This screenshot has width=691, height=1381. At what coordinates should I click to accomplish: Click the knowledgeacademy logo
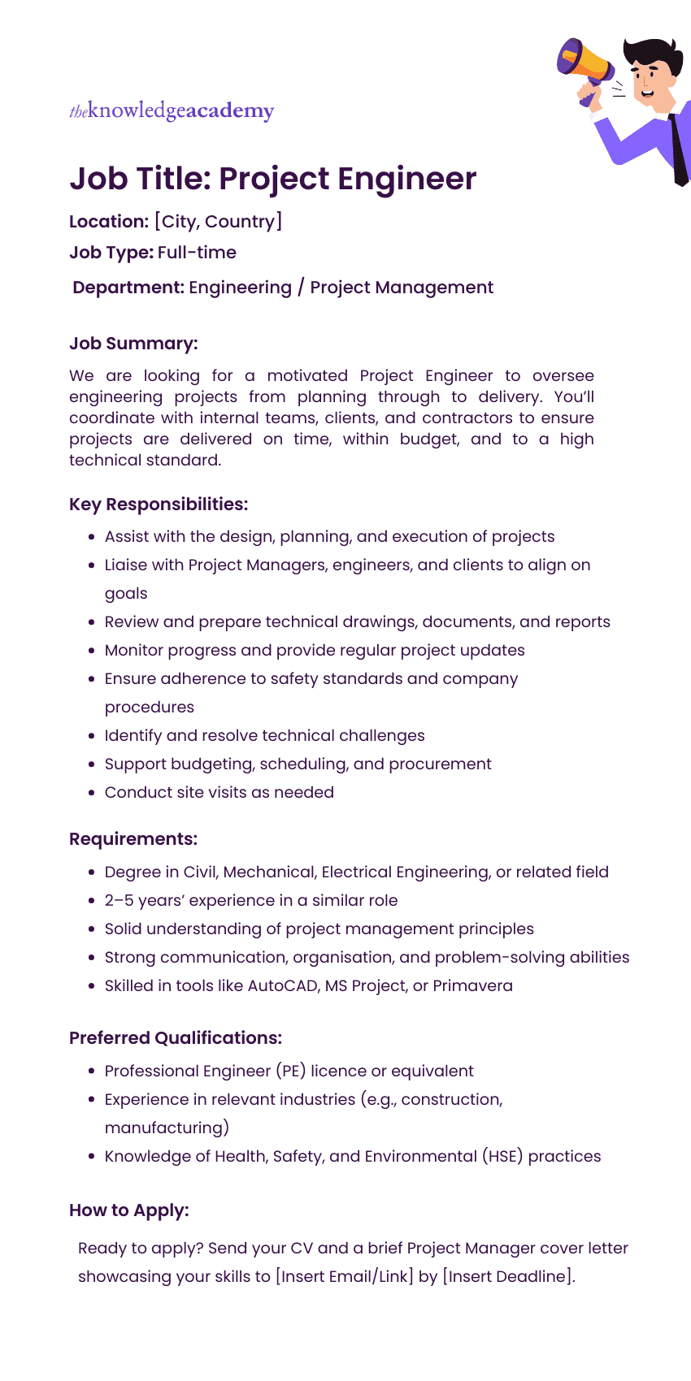(x=172, y=110)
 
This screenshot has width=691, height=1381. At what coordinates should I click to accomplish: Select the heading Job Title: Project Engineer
(x=272, y=179)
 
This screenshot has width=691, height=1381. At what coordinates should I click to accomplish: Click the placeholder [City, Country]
(x=218, y=222)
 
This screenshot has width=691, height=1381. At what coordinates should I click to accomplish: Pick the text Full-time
(x=197, y=253)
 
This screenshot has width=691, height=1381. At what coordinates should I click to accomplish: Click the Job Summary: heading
(x=133, y=344)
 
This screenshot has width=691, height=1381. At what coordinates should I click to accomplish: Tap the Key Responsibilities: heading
(x=159, y=504)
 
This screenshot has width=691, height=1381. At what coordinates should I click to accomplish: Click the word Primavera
(x=472, y=986)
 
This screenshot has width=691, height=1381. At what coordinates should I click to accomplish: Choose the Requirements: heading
(x=133, y=839)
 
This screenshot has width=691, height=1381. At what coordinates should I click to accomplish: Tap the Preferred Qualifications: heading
(x=176, y=1038)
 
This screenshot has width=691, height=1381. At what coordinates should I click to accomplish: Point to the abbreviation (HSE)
(x=504, y=1157)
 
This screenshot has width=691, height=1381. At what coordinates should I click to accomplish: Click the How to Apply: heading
(x=129, y=1210)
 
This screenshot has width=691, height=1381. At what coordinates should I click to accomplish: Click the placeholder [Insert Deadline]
(x=508, y=1277)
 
